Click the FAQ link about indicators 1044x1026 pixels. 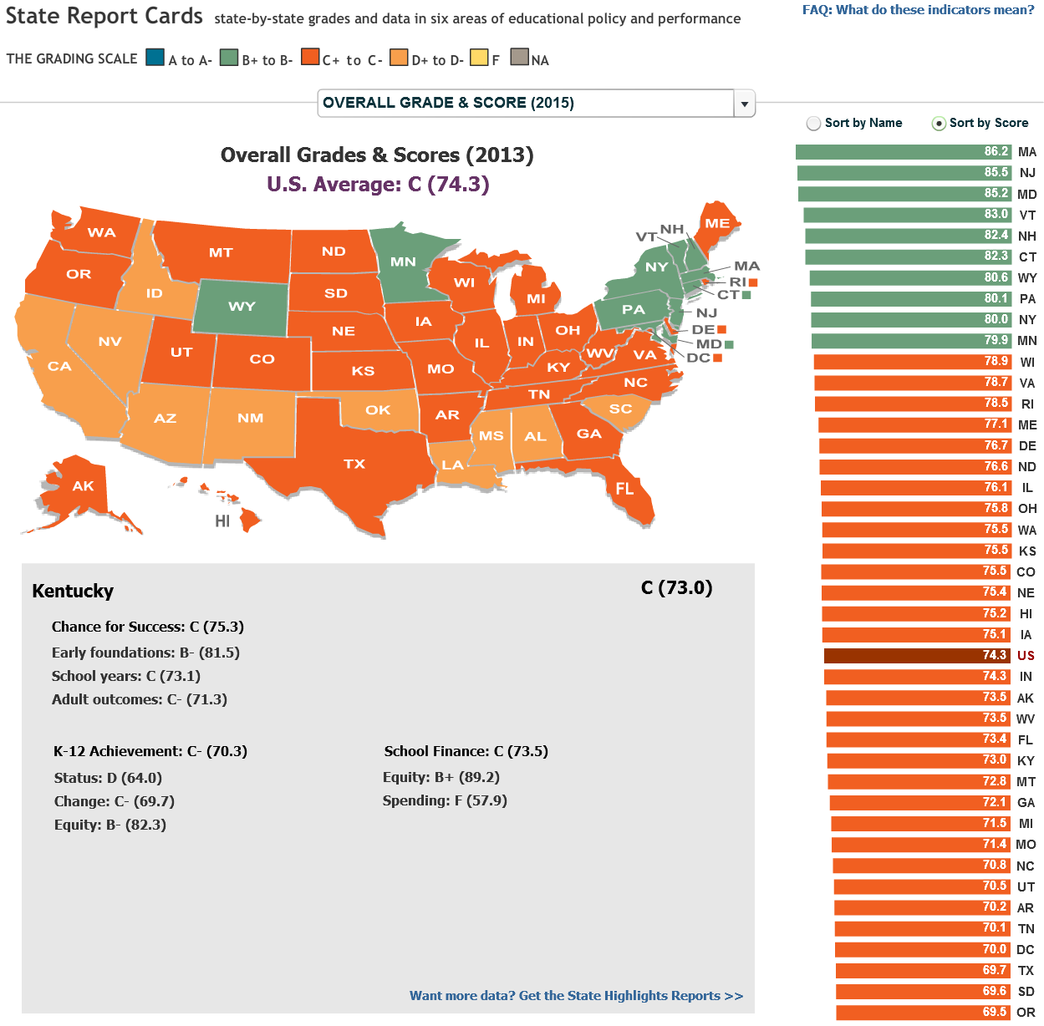pos(918,10)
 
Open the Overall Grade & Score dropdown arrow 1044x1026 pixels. pos(744,104)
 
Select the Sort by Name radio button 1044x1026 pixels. pos(813,124)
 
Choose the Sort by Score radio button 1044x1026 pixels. pos(940,124)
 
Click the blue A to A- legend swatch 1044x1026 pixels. pos(155,58)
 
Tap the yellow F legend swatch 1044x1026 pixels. pos(479,58)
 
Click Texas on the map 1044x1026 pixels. pos(354,464)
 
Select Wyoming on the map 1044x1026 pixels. pos(242,307)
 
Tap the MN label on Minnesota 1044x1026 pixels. pos(403,262)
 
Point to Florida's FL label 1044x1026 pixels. pos(624,489)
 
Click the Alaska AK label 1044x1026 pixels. pos(83,486)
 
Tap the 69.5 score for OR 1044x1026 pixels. pos(994,1012)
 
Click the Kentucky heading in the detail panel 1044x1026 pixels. pos(73,591)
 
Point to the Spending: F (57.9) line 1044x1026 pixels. pos(445,800)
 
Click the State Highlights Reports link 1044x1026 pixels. pos(576,996)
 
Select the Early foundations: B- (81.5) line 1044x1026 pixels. pos(145,653)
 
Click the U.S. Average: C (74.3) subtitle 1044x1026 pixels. pos(378,184)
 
